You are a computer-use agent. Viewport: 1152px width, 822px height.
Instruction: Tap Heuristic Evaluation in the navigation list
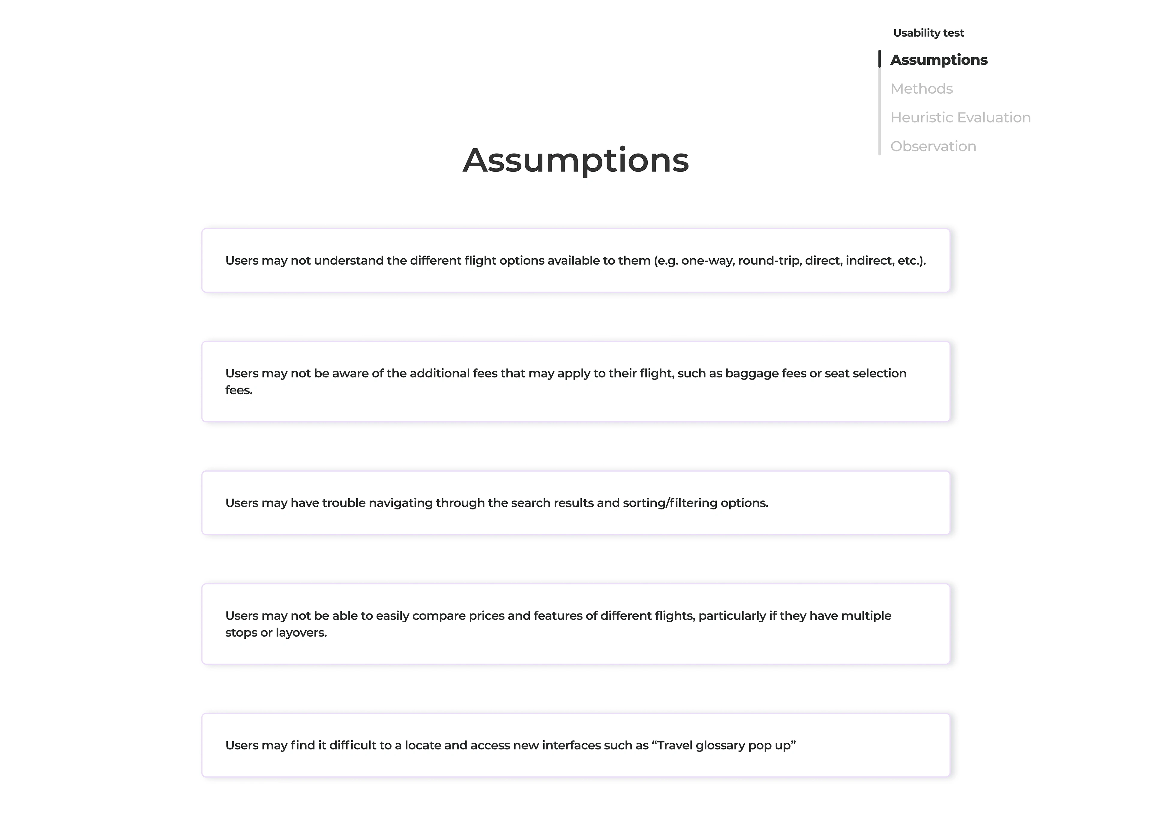click(960, 117)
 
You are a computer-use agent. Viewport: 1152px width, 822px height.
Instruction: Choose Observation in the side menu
click(933, 146)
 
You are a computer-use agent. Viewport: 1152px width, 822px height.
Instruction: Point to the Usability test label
click(928, 33)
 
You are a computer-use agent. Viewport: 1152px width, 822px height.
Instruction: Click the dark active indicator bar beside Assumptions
click(880, 59)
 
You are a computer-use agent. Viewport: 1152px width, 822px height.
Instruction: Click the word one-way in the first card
click(707, 261)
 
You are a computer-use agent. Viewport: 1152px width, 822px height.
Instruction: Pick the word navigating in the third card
click(400, 503)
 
